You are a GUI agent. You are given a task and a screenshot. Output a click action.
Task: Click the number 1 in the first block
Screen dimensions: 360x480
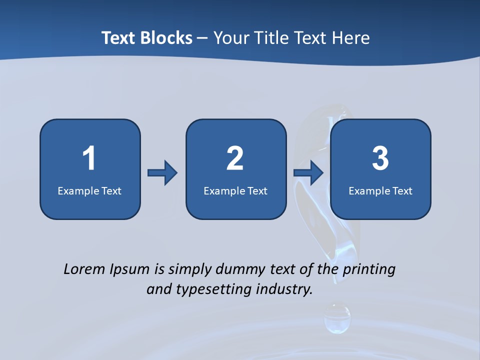click(x=89, y=158)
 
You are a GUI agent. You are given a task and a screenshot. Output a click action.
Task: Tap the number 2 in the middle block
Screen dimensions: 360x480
click(x=235, y=158)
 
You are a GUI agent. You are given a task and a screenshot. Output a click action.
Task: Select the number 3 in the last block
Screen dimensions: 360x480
click(x=380, y=158)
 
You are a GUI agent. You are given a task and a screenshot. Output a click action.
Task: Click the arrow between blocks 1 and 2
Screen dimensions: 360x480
click(x=162, y=173)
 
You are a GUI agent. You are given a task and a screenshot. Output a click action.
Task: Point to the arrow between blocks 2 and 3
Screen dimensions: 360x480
click(x=308, y=173)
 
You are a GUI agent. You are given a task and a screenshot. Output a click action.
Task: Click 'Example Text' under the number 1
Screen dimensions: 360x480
click(x=89, y=190)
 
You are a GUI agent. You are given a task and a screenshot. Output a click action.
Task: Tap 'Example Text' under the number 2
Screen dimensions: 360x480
click(x=235, y=190)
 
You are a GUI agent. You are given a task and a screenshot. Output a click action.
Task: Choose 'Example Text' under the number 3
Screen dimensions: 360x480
click(x=380, y=190)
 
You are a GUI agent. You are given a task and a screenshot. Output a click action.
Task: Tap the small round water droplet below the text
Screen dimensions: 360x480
click(x=337, y=318)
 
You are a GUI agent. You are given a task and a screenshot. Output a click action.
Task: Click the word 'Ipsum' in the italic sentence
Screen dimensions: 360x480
click(x=129, y=270)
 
